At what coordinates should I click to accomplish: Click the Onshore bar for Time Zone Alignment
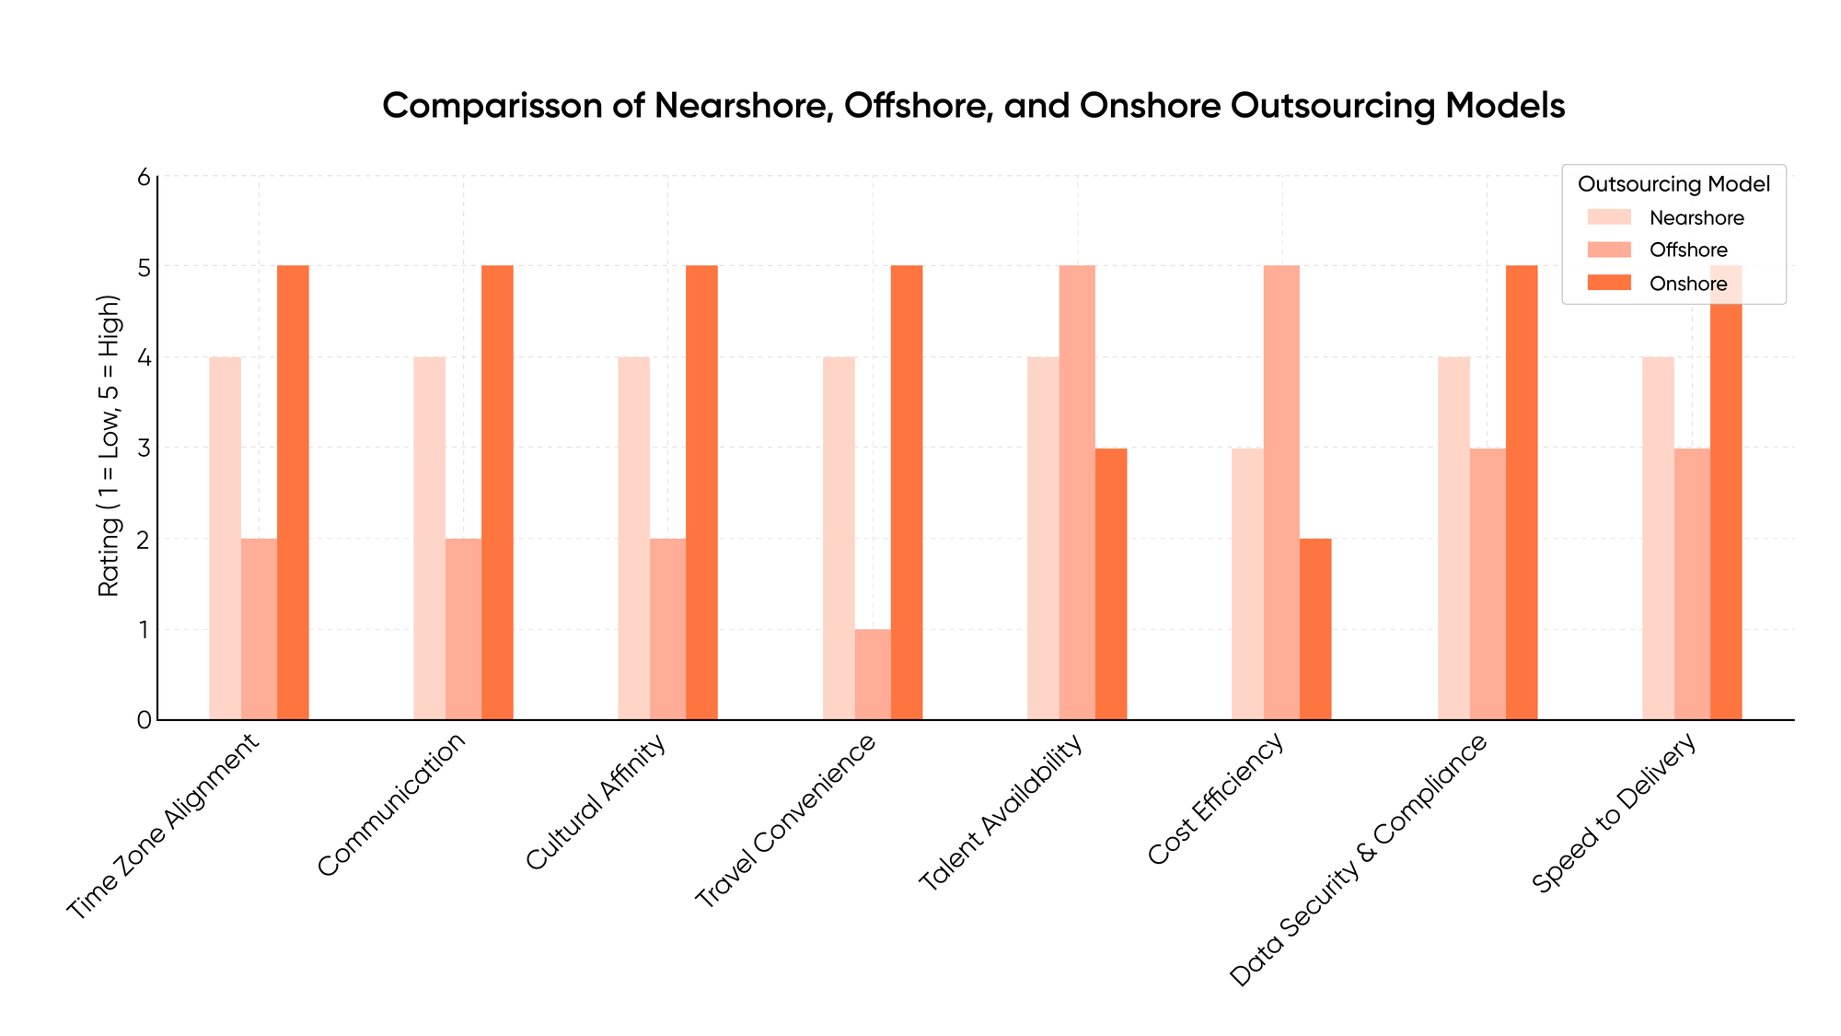293,493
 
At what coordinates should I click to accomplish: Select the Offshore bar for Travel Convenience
873,674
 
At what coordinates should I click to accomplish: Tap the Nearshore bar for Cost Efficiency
1247,584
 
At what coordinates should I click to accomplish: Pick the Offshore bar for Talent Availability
1077,493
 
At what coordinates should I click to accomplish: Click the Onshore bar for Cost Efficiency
1315,629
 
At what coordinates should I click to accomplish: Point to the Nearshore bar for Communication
429,538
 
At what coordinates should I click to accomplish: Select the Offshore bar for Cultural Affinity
667,629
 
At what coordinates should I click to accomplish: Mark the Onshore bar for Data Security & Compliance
1522,493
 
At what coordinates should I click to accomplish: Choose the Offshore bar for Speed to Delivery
1692,584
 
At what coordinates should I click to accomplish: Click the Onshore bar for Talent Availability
1111,584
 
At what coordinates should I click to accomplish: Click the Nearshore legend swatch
1609,217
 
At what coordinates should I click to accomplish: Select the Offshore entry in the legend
1688,250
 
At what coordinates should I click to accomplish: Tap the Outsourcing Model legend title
1673,184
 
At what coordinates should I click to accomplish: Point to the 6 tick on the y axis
144,177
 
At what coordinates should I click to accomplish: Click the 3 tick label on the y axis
144,448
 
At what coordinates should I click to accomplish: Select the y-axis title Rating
110,447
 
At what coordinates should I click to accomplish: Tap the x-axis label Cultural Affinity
596,803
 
